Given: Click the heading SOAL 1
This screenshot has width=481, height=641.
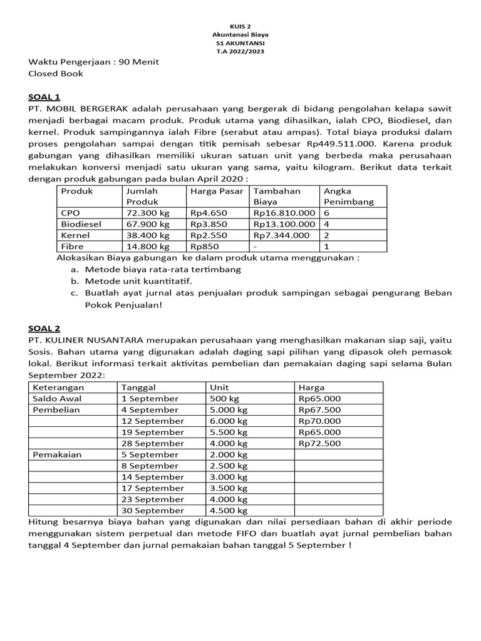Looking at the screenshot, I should tap(44, 97).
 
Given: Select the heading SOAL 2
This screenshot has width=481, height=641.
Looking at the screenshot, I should tap(44, 328).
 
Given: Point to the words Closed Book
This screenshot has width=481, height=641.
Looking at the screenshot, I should tap(56, 73).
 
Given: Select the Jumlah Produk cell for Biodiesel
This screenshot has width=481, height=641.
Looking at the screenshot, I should tap(148, 224).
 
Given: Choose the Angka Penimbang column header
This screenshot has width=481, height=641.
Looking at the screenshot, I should tap(348, 196).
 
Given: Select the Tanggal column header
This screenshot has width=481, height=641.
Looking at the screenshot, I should tap(138, 387).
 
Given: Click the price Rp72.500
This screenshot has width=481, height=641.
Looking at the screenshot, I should tap(319, 443).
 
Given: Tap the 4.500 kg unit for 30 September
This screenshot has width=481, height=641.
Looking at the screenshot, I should tap(229, 511).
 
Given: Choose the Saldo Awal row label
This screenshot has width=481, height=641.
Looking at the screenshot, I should tap(57, 399).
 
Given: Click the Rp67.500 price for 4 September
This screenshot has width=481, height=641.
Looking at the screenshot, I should tap(319, 410).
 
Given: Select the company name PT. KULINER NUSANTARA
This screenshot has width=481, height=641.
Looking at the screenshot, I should tap(86, 340).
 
